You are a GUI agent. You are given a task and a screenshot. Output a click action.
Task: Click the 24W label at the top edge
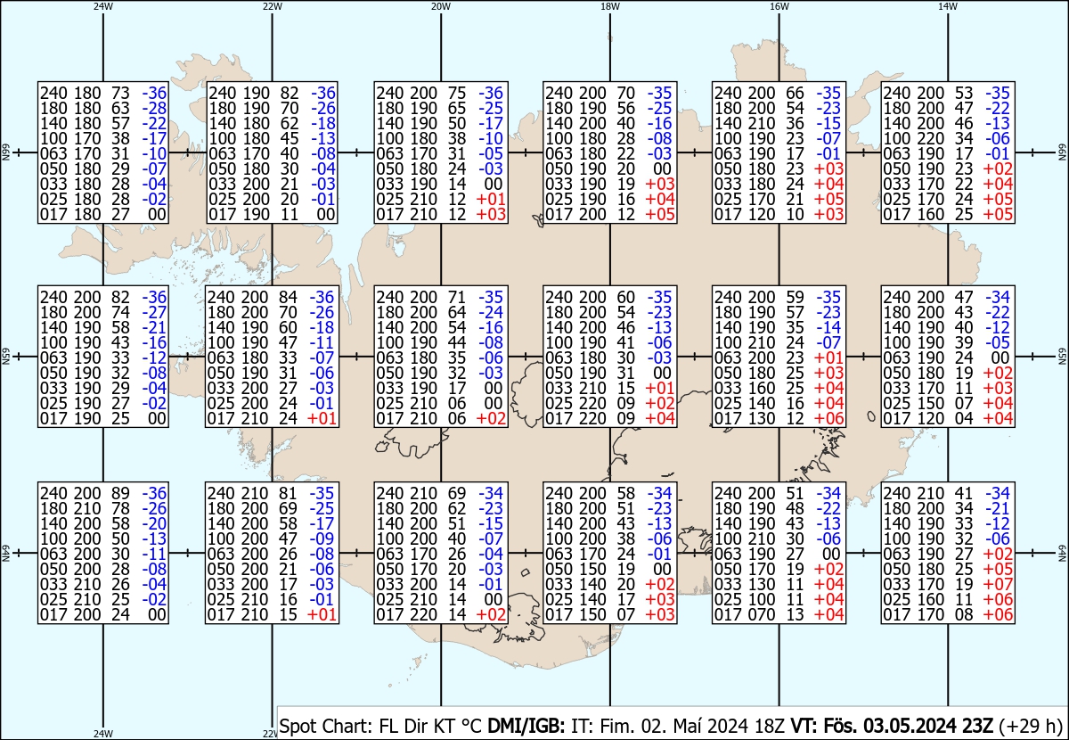tap(103, 6)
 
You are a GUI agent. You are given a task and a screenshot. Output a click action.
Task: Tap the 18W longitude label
tap(610, 6)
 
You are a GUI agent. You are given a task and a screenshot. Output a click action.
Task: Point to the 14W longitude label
tap(948, 6)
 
